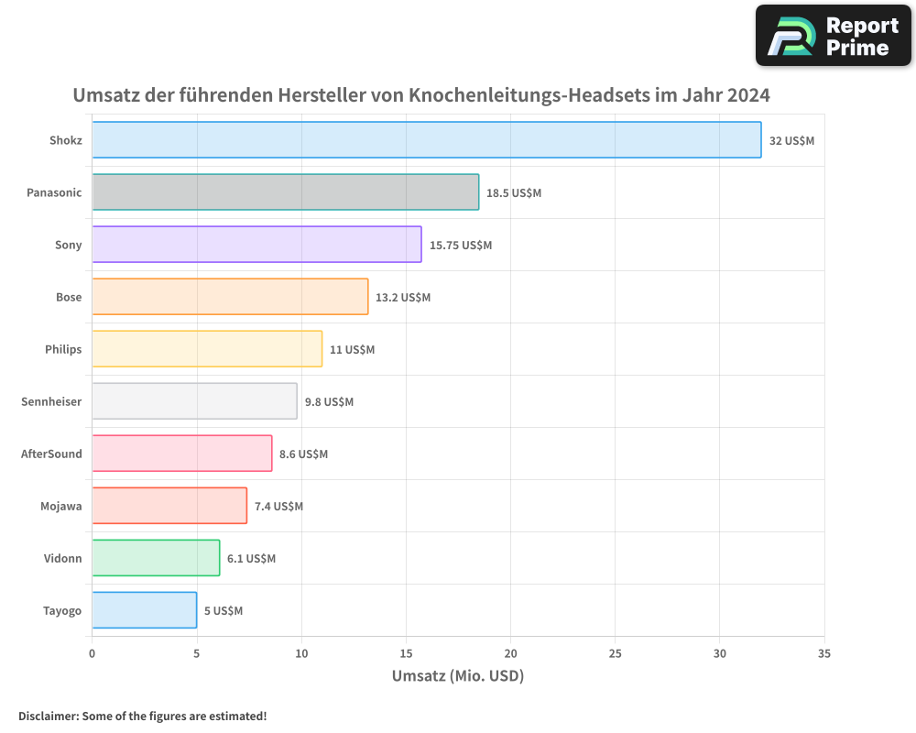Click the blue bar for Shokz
tap(426, 140)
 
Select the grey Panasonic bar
tap(285, 192)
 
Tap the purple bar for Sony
tap(256, 245)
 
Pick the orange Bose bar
tap(230, 297)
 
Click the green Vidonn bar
tap(156, 558)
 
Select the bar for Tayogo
tap(144, 610)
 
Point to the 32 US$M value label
tap(791, 141)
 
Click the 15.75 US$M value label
tap(461, 246)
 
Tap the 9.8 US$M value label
tap(329, 402)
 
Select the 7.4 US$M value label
tap(278, 507)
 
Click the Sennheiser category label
tap(51, 401)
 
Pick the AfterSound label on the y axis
tap(51, 454)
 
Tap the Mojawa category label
tap(60, 506)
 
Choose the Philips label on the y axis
tap(63, 349)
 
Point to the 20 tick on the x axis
tap(510, 654)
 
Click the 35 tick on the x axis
tap(823, 654)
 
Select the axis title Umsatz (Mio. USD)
tap(457, 676)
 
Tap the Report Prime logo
tap(833, 36)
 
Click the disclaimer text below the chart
tap(142, 716)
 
